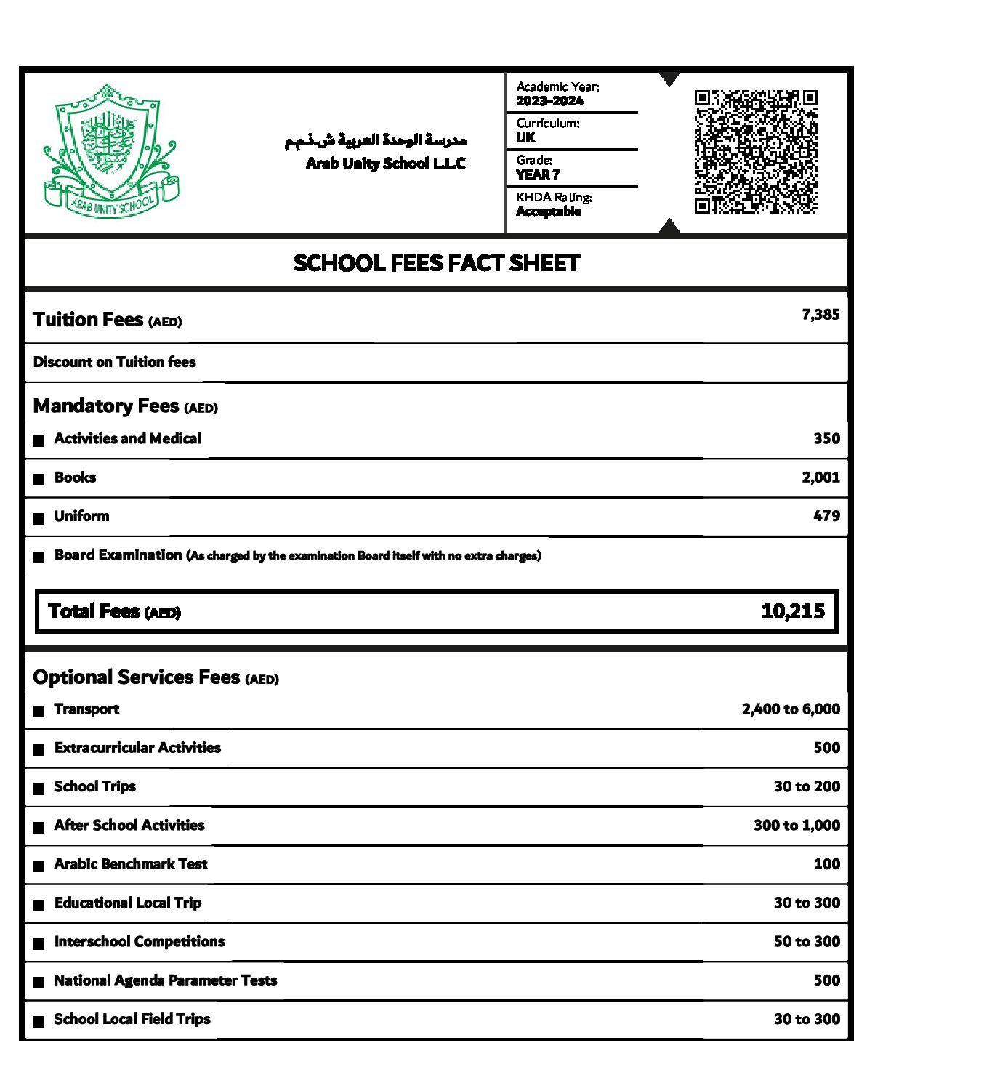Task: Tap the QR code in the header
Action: coord(755,152)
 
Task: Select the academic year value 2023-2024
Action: coord(549,101)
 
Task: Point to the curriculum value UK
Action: coord(525,137)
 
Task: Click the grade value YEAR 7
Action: coord(538,174)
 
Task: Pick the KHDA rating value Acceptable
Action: coord(549,211)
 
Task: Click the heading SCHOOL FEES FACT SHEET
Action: coord(436,263)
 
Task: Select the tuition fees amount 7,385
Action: coord(820,315)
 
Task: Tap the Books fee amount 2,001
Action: coord(820,477)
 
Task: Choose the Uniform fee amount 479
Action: coord(826,516)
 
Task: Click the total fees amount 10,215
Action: coord(793,611)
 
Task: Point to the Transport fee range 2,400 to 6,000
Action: coord(791,709)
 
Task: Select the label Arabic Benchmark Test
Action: coord(131,864)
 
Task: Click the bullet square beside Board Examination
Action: coord(39,557)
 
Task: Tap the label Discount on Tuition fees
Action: coord(114,362)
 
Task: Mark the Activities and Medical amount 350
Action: coord(826,439)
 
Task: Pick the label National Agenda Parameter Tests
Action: coord(166,980)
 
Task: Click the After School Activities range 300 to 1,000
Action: coord(797,826)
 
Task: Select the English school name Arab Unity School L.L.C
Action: coord(385,164)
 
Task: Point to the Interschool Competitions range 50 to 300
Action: coord(807,942)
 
